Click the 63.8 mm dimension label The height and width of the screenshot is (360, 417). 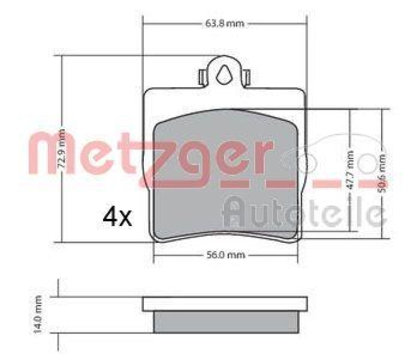[223, 23]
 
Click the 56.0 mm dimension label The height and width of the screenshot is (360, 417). [225, 255]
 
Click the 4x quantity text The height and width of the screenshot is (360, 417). [117, 217]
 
